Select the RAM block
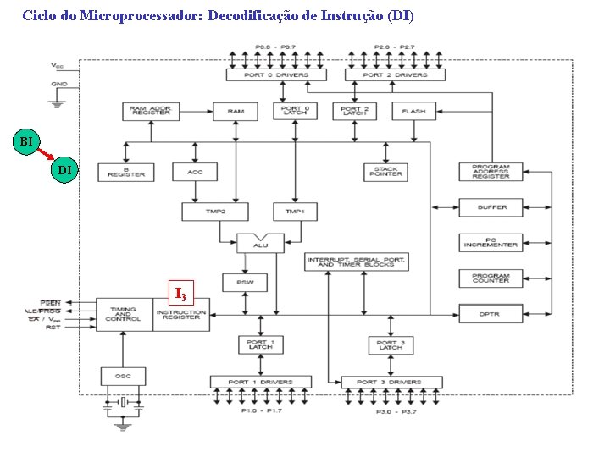point(236,112)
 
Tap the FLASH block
point(413,112)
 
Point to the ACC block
point(195,172)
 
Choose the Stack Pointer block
point(385,172)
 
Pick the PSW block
point(245,282)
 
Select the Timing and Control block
point(123,314)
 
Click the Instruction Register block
point(181,314)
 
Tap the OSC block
point(123,375)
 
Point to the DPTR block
point(491,314)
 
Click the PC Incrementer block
point(491,242)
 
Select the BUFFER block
point(491,207)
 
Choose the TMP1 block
point(295,211)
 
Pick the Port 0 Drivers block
point(277,75)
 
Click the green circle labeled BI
point(27,140)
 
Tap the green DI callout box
point(64,171)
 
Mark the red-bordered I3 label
point(180,293)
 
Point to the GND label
point(59,85)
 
